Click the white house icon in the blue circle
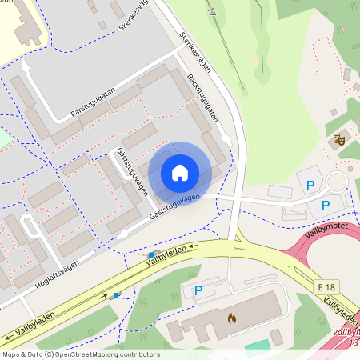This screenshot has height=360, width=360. tap(180, 173)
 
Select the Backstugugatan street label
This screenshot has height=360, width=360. tap(202, 98)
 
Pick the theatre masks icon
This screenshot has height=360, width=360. tap(339, 139)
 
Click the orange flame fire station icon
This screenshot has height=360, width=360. tap(232, 318)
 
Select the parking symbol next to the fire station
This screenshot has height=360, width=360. tap(198, 290)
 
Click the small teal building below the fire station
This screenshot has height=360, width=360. tap(257, 346)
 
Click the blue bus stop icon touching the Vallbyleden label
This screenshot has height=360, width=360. tap(150, 254)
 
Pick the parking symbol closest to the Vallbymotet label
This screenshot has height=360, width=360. tap(325, 206)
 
